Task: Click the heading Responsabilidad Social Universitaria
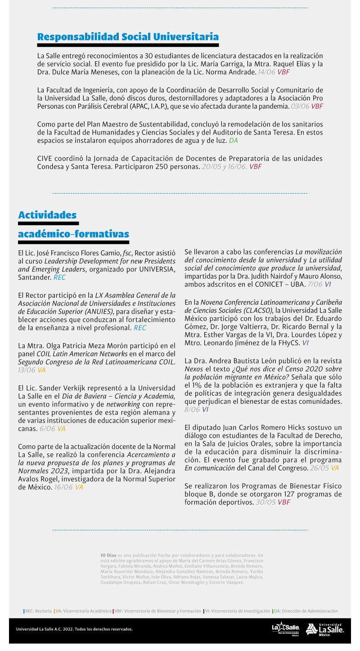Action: coord(128,37)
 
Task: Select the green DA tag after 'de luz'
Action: coord(233,141)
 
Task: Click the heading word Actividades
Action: coord(47,215)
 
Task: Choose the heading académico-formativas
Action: coord(73,234)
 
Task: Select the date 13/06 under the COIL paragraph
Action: coord(27,370)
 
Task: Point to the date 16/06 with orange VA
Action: coord(63,487)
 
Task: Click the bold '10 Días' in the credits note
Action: coord(108,556)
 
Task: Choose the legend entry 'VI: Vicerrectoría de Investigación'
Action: coord(237,611)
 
